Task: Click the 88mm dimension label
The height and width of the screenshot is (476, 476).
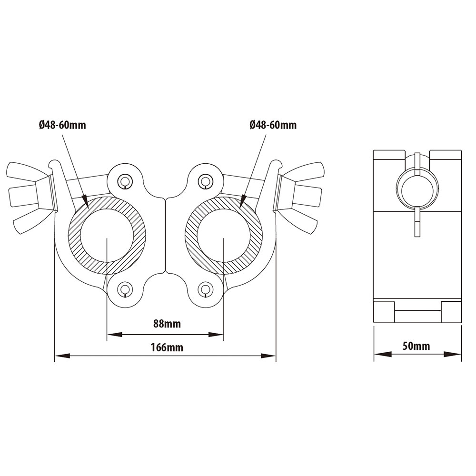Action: pyautogui.click(x=167, y=324)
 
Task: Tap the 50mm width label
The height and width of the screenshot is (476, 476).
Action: pyautogui.click(x=416, y=346)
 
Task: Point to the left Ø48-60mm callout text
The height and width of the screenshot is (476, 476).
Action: pyautogui.click(x=63, y=125)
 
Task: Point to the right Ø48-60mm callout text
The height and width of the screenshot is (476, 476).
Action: pyautogui.click(x=273, y=125)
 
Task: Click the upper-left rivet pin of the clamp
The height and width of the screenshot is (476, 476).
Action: pyautogui.click(x=126, y=180)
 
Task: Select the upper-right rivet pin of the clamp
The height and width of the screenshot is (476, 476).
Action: pyautogui.click(x=205, y=180)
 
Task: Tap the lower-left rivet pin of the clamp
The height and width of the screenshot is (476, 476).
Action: pyautogui.click(x=126, y=288)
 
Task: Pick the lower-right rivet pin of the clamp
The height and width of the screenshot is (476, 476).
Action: pyautogui.click(x=205, y=288)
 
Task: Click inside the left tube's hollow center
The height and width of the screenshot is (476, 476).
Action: pyautogui.click(x=107, y=236)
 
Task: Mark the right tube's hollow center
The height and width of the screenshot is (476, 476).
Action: pyautogui.click(x=223, y=236)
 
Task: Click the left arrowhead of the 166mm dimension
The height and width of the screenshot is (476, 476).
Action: pyautogui.click(x=60, y=355)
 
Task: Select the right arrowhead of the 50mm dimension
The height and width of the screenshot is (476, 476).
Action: pyautogui.click(x=456, y=354)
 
